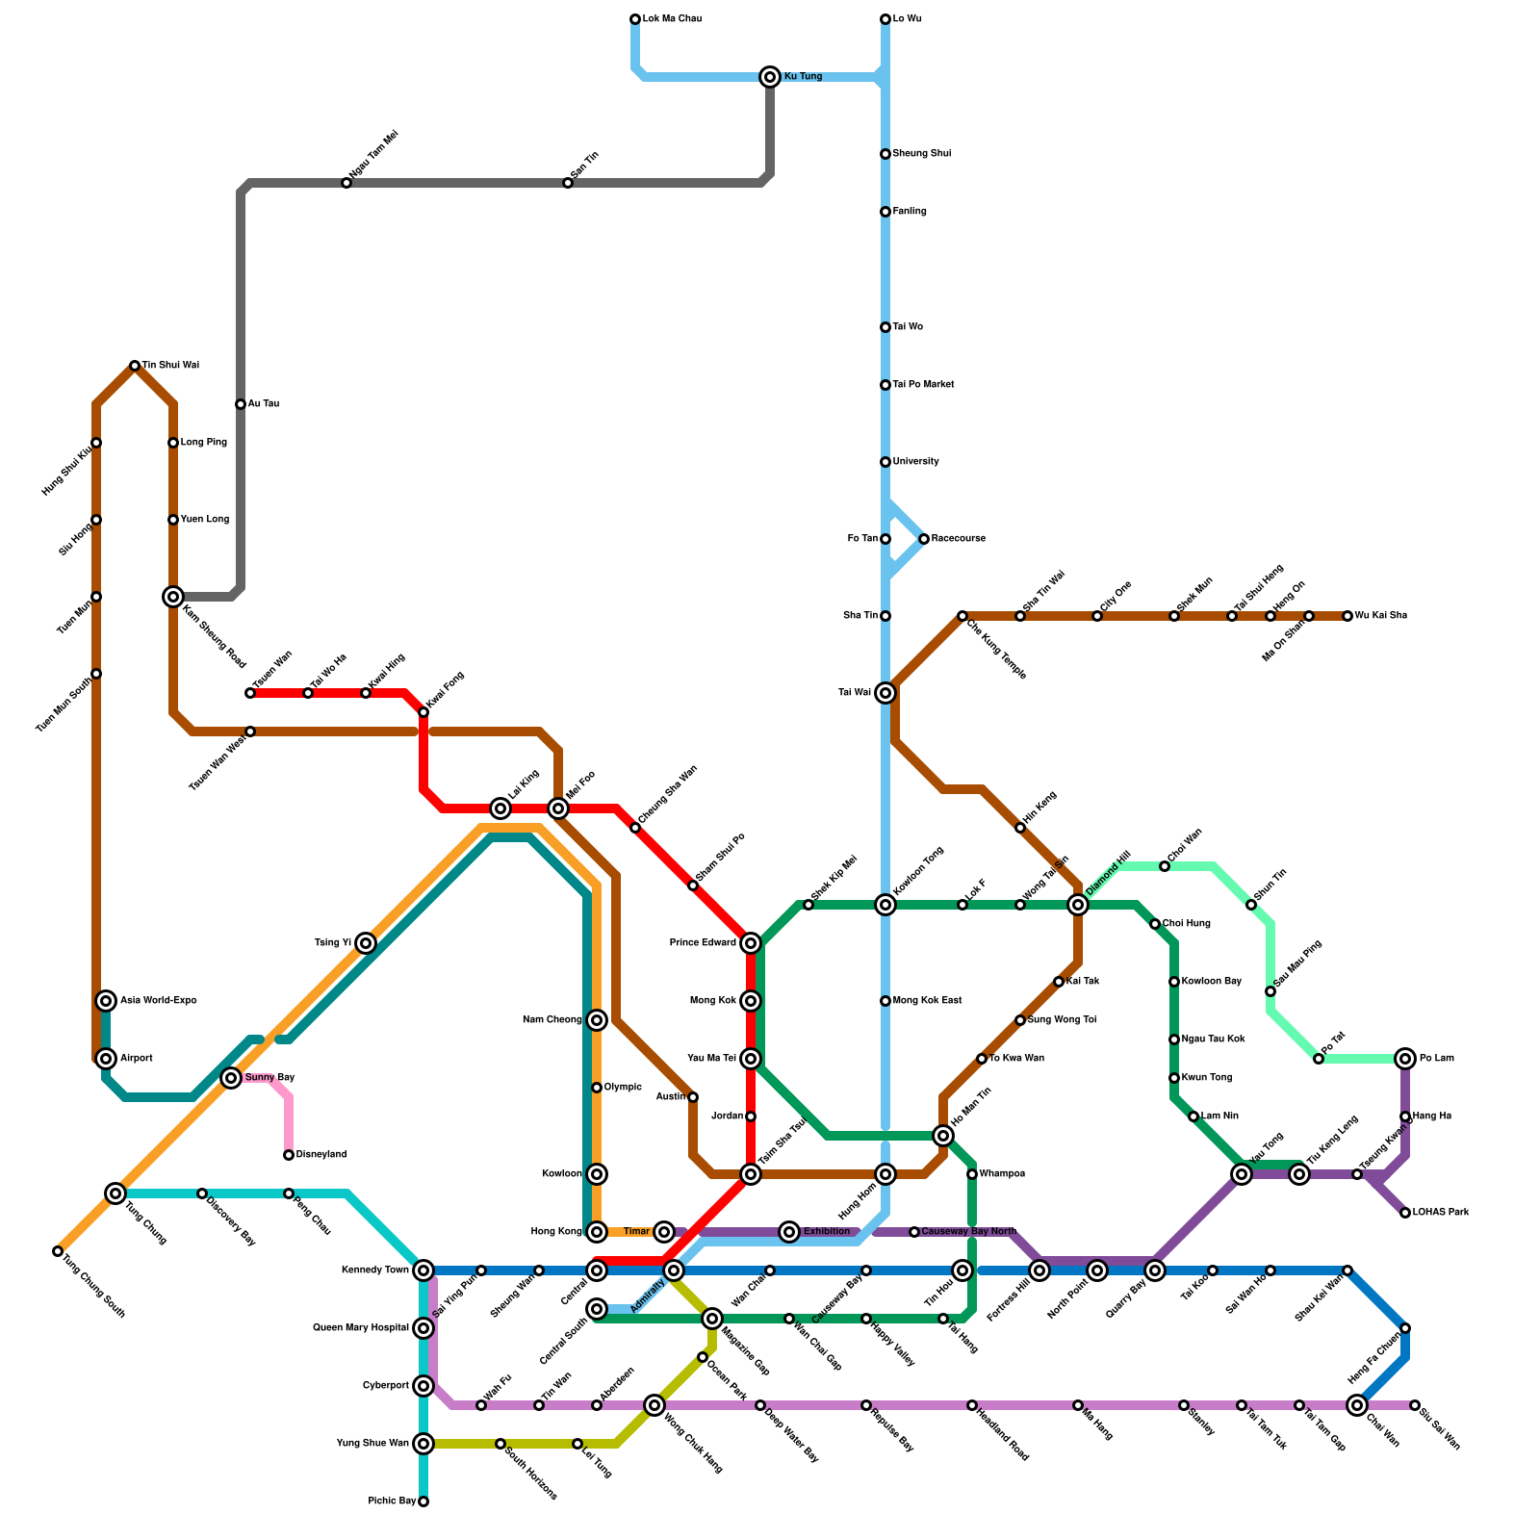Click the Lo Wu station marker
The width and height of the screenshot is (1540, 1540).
pos(885,19)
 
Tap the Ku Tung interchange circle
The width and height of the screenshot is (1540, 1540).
pos(770,77)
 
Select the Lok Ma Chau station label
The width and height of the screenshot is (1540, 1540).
pos(672,19)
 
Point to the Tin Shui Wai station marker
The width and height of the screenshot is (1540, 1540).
pos(135,366)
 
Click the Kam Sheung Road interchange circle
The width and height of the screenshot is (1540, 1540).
pos(173,597)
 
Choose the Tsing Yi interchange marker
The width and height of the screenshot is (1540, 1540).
pos(366,943)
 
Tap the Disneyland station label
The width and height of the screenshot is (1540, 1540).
pos(321,1155)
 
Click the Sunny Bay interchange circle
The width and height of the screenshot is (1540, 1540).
pos(231,1078)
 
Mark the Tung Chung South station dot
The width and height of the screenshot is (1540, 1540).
pos(58,1251)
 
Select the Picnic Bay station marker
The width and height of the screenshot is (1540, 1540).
pos(423,1501)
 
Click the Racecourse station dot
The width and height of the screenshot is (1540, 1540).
pos(924,539)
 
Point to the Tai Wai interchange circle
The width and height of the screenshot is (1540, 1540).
pos(885,693)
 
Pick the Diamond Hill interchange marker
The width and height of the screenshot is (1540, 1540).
pos(1078,905)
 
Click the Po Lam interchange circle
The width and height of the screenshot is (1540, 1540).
pos(1405,1059)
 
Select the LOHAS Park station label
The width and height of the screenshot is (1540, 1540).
pos(1441,1213)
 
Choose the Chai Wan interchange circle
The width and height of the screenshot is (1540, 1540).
pos(1357,1405)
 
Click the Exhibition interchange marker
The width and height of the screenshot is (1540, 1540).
pos(789,1232)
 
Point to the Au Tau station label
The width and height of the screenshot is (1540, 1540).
pos(263,404)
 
